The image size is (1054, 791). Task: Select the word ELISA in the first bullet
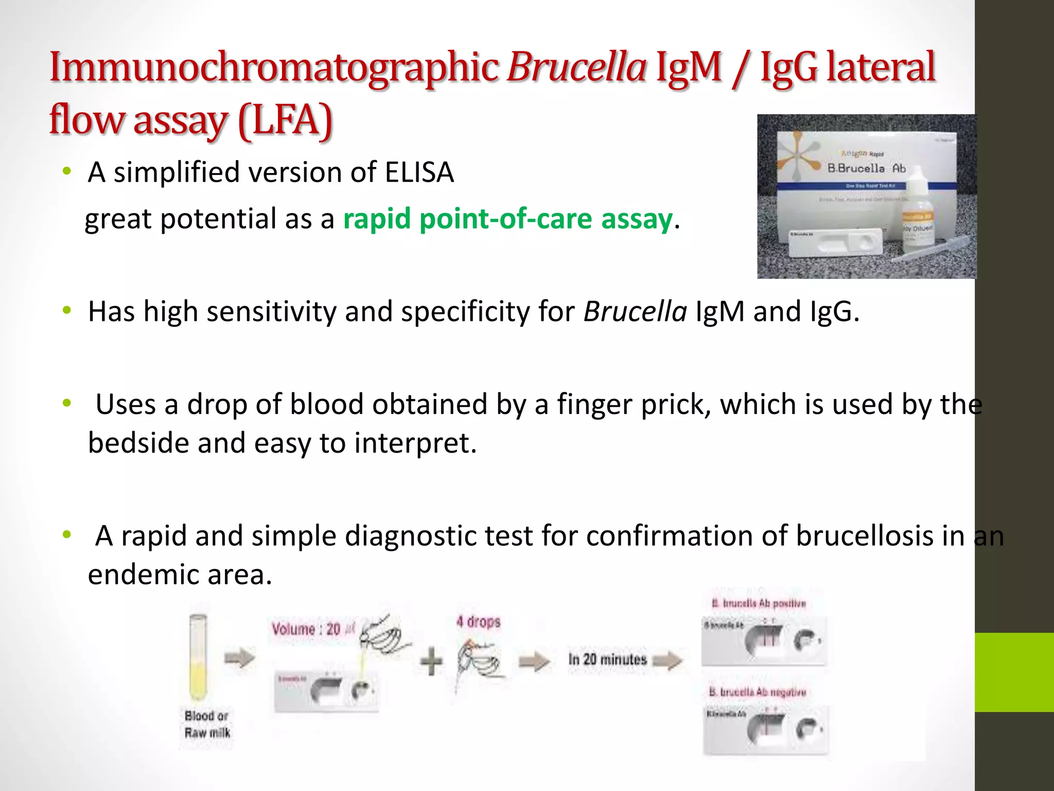click(419, 173)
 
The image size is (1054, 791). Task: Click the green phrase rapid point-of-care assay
click(507, 219)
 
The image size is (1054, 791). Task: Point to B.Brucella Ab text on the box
click(866, 168)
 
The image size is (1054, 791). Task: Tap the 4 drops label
click(478, 622)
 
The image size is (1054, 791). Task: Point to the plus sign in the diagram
click(431, 661)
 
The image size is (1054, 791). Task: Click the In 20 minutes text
click(607, 659)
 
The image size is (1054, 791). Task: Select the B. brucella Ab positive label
click(759, 603)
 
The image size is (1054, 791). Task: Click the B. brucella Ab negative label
click(758, 692)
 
